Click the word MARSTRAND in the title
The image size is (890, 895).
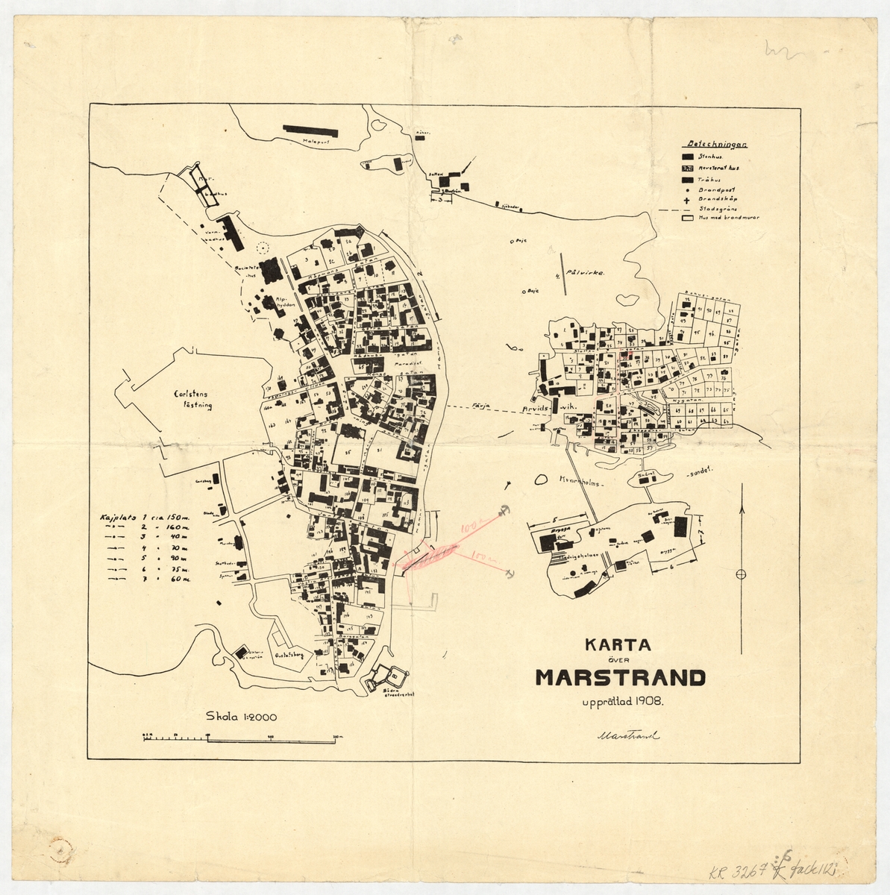pyautogui.click(x=619, y=677)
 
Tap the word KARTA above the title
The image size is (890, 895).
pyautogui.click(x=618, y=644)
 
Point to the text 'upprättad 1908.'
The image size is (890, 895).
pyautogui.click(x=619, y=701)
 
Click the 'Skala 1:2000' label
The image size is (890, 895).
pyautogui.click(x=241, y=717)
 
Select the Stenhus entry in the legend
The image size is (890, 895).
pyautogui.click(x=703, y=157)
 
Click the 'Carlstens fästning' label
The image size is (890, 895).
pyautogui.click(x=192, y=400)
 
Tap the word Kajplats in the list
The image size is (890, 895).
pyautogui.click(x=115, y=516)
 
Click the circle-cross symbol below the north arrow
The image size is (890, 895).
pyautogui.click(x=741, y=574)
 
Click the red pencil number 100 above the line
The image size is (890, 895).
pyautogui.click(x=468, y=528)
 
